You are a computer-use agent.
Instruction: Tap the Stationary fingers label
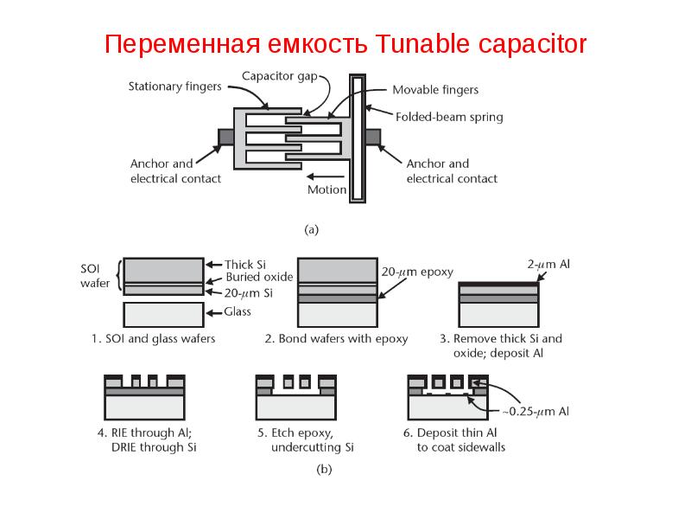pos(175,86)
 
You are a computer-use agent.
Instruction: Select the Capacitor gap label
pos(280,76)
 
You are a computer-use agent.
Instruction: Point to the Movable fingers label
pos(435,90)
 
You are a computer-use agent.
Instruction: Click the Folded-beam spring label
pos(449,117)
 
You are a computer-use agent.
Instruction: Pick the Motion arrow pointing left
pos(326,176)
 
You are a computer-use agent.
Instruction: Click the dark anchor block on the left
pos(226,137)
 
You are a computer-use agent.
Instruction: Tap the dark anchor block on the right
pos(373,137)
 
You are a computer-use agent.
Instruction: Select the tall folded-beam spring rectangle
pos(358,138)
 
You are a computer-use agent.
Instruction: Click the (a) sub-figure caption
pos(312,230)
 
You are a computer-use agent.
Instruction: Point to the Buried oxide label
pos(259,277)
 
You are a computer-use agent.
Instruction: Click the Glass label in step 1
pos(237,312)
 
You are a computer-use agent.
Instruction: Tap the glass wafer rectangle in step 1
pos(163,314)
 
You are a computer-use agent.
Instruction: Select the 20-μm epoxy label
pos(417,272)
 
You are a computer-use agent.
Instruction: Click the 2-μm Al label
pos(548,265)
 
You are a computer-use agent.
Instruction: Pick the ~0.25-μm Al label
pos(536,412)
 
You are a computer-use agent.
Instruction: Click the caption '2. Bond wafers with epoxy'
pos(336,339)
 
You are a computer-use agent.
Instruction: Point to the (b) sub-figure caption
pos(325,469)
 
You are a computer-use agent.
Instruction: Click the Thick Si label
pos(245,265)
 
